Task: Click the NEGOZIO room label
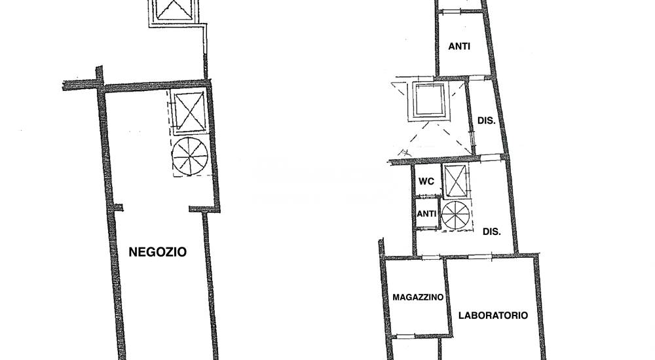pyautogui.click(x=157, y=252)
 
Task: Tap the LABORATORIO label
pyautogui.click(x=493, y=315)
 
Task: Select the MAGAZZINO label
pyautogui.click(x=418, y=297)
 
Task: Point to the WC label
pyautogui.click(x=426, y=181)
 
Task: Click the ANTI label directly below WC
pyautogui.click(x=426, y=213)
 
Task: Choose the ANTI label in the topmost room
pyautogui.click(x=459, y=46)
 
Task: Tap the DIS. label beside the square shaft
pyautogui.click(x=486, y=120)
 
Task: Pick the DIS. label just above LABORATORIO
pyautogui.click(x=492, y=231)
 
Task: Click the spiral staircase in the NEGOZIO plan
pyautogui.click(x=190, y=155)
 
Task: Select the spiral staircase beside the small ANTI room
pyautogui.click(x=455, y=215)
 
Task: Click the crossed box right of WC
pyautogui.click(x=455, y=181)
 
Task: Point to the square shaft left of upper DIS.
pyautogui.click(x=429, y=101)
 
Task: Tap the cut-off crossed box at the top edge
pyautogui.click(x=172, y=11)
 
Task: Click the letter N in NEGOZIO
pyautogui.click(x=133, y=252)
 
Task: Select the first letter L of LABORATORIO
pyautogui.click(x=462, y=315)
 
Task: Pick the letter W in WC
pyautogui.click(x=422, y=181)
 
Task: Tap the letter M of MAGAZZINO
pyautogui.click(x=396, y=297)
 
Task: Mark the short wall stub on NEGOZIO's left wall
pyautogui.click(x=119, y=207)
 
